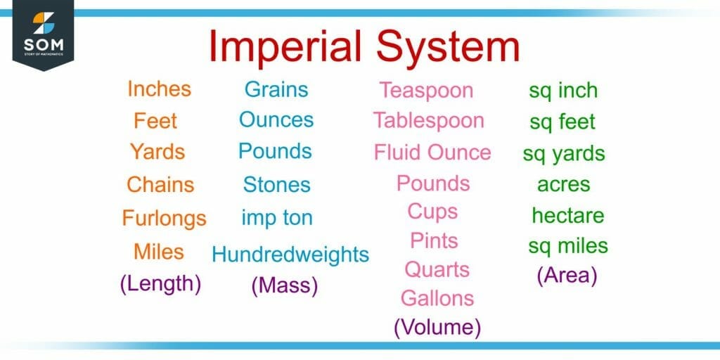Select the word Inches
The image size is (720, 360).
(159, 89)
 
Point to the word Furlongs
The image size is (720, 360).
(164, 218)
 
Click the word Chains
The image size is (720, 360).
(160, 185)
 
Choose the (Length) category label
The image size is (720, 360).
(160, 284)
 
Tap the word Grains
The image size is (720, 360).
(276, 89)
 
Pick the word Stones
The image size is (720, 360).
(276, 185)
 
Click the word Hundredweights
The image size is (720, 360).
(290, 254)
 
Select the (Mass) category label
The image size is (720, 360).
(285, 285)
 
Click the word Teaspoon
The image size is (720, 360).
(426, 90)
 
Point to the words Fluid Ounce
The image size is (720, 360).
(432, 153)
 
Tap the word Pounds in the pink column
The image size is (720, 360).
(433, 184)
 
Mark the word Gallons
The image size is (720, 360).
(437, 298)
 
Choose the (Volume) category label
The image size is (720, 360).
(437, 327)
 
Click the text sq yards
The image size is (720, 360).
(563, 154)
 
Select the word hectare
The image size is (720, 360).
(567, 215)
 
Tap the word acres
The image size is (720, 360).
(563, 184)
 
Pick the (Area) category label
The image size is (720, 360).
(567, 276)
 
